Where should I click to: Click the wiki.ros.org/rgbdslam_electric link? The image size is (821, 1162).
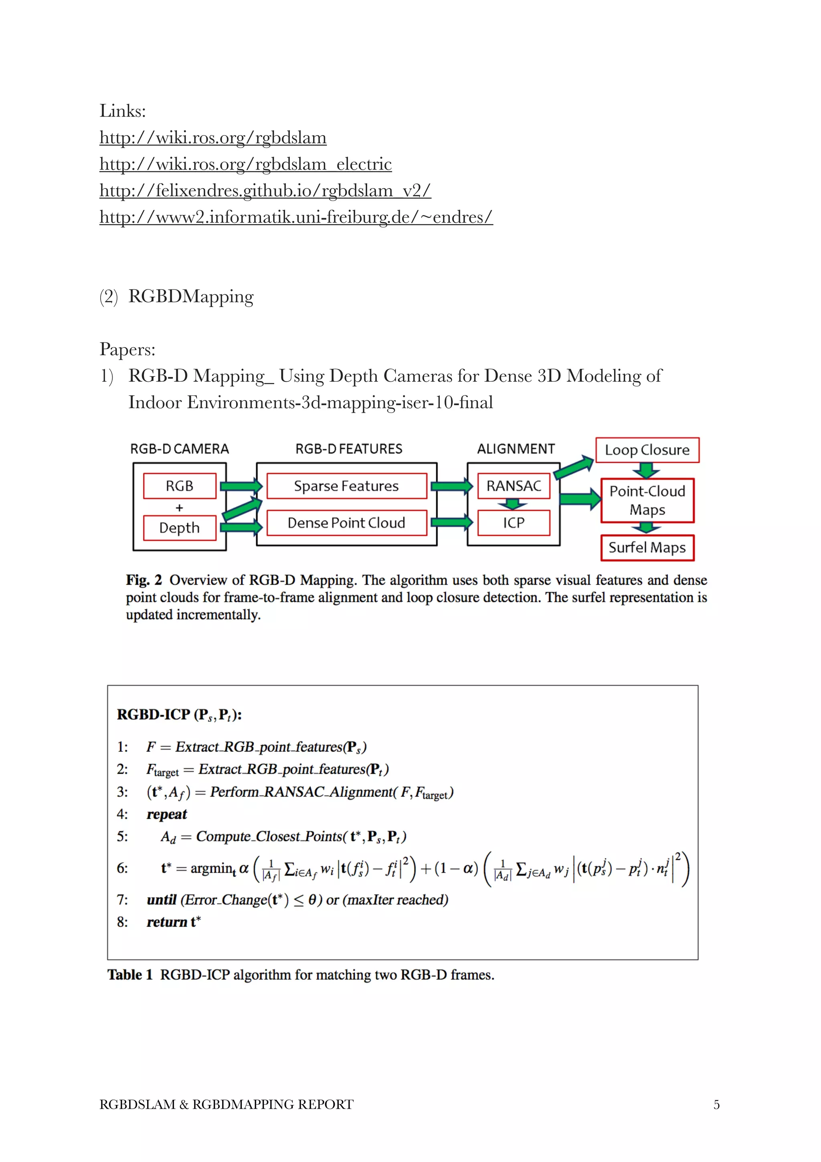coord(245,164)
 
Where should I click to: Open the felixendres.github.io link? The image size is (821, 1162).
coord(265,190)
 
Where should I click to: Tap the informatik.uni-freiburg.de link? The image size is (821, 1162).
coord(296,217)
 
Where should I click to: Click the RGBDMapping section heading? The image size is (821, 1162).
coord(191,296)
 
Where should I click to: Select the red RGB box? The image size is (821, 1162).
coord(180,486)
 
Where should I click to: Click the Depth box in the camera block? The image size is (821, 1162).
coord(180,528)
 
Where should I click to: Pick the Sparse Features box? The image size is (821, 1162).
coord(346,486)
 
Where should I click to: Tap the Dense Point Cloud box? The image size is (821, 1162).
coord(346,523)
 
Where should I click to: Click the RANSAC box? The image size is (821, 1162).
coord(514,486)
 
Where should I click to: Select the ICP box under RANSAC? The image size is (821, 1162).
coord(514,523)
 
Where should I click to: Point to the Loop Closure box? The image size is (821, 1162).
coord(647,450)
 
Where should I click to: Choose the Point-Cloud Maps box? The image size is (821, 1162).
coord(647,500)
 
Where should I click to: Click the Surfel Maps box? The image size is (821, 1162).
coord(647,548)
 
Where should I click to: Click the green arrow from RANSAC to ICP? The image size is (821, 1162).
coord(513,504)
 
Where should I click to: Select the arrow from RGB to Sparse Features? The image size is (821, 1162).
coord(241,486)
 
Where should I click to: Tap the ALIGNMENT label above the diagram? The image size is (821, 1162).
coord(516,449)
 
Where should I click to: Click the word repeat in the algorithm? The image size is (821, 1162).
coord(166,814)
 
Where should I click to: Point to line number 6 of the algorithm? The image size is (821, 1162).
coord(122,868)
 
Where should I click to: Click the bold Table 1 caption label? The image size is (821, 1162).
coord(130,975)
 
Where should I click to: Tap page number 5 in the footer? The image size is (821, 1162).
coord(716,1104)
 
